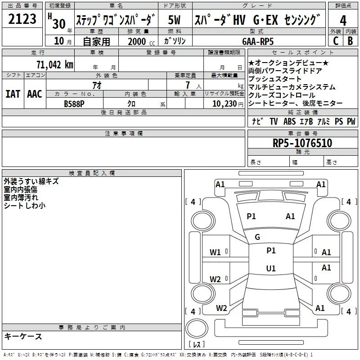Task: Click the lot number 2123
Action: click(22, 18)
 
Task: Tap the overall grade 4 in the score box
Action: click(343, 20)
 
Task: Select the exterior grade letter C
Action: click(336, 41)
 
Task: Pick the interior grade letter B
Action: click(350, 41)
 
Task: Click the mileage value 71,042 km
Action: click(55, 64)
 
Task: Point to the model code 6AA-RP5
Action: click(258, 41)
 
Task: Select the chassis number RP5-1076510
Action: click(302, 143)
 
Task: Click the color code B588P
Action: click(74, 104)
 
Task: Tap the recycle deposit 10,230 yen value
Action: click(228, 104)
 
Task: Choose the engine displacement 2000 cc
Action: click(141, 41)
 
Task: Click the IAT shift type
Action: click(13, 94)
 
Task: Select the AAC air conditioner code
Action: click(35, 94)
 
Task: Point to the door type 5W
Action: click(174, 20)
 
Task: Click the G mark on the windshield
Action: click(257, 237)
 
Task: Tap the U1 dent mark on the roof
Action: click(271, 268)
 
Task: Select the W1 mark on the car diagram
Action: click(215, 252)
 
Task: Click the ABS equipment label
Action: click(289, 121)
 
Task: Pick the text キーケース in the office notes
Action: click(23, 336)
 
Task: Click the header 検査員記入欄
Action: click(92, 173)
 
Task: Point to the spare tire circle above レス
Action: click(197, 328)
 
